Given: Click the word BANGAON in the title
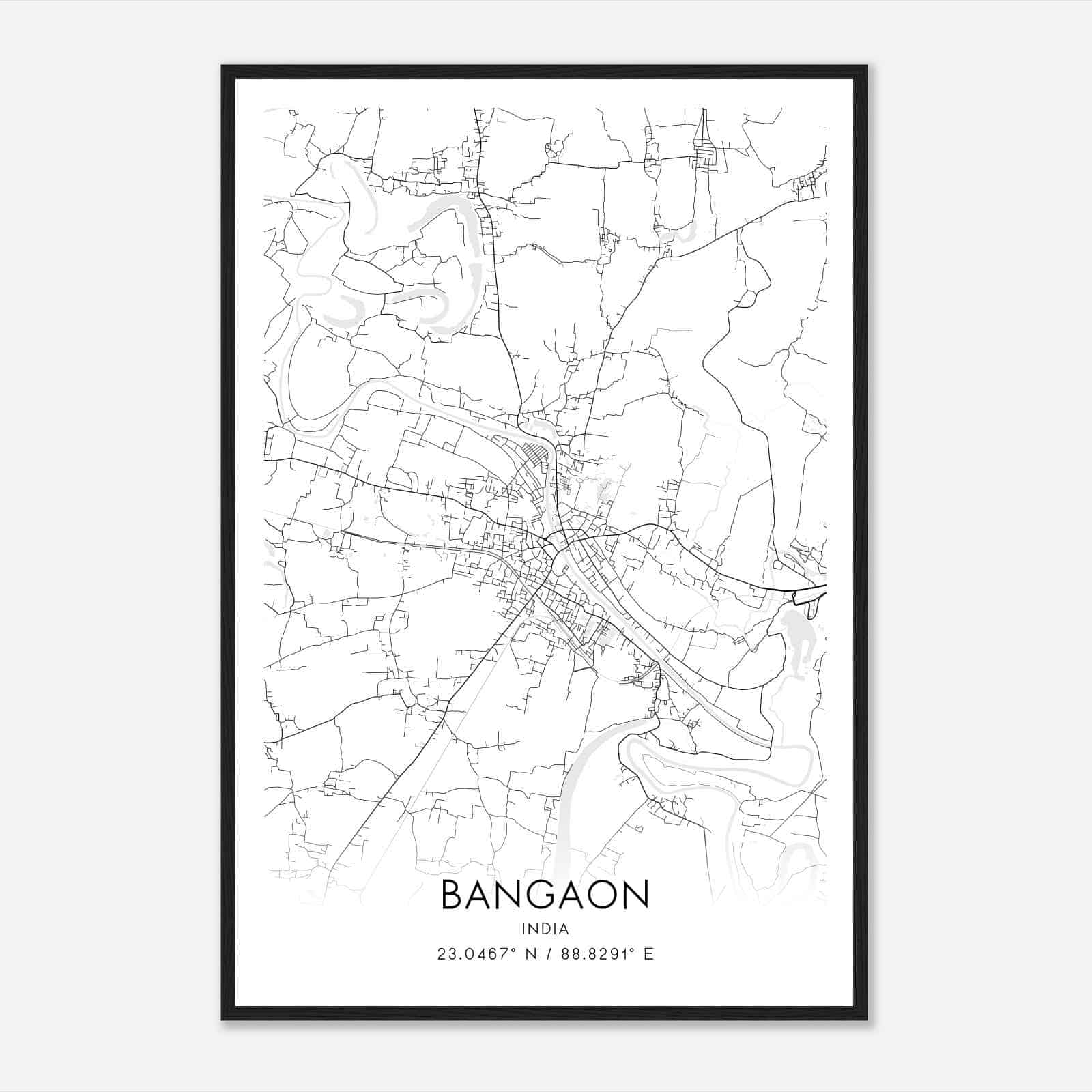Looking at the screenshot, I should pyautogui.click(x=545, y=895).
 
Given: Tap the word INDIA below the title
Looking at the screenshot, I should pyautogui.click(x=545, y=929).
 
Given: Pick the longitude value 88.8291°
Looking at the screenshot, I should pyautogui.click(x=599, y=954).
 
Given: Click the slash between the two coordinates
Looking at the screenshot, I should pyautogui.click(x=549, y=954).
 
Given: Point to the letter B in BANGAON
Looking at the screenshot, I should pyautogui.click(x=454, y=895).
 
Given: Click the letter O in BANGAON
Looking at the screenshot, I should pyautogui.click(x=605, y=895).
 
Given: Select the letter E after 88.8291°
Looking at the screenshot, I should pyautogui.click(x=648, y=954).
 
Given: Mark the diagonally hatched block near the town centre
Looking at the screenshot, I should pyautogui.click(x=536, y=454).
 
